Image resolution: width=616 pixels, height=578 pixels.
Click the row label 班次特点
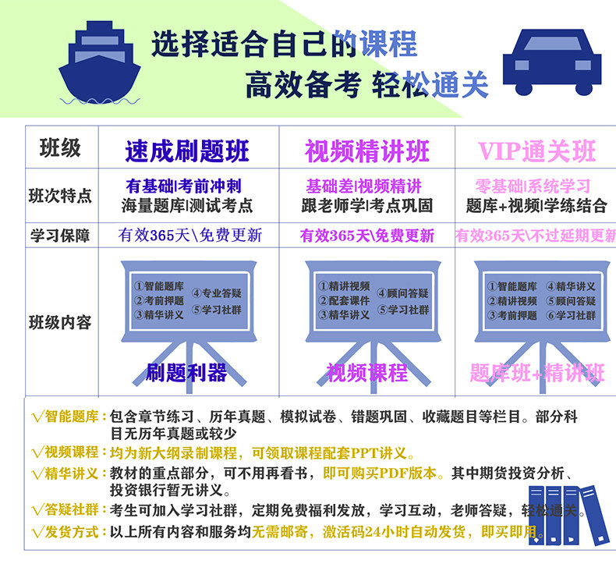coord(60,196)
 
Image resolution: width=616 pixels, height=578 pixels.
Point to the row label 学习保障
coord(60,235)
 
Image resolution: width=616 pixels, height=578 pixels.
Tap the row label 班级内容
coord(60,321)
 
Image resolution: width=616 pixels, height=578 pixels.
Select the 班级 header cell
coord(60,147)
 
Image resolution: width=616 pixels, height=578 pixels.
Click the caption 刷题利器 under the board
coord(186,372)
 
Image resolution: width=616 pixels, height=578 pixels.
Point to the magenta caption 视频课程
coord(367,372)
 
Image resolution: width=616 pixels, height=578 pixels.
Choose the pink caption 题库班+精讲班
coord(536,372)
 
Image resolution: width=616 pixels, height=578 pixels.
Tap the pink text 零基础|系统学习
coord(533,187)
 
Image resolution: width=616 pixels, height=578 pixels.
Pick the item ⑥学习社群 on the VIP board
coord(571,316)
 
